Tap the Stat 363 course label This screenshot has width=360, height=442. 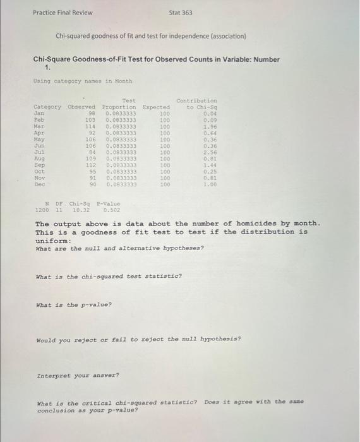point(181,13)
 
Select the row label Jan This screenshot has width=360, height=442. point(39,114)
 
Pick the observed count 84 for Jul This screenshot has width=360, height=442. point(91,152)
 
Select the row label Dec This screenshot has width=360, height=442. point(39,184)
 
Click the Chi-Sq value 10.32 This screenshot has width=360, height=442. point(80,210)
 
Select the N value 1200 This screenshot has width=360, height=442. point(42,210)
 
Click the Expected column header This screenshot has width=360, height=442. point(157,107)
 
